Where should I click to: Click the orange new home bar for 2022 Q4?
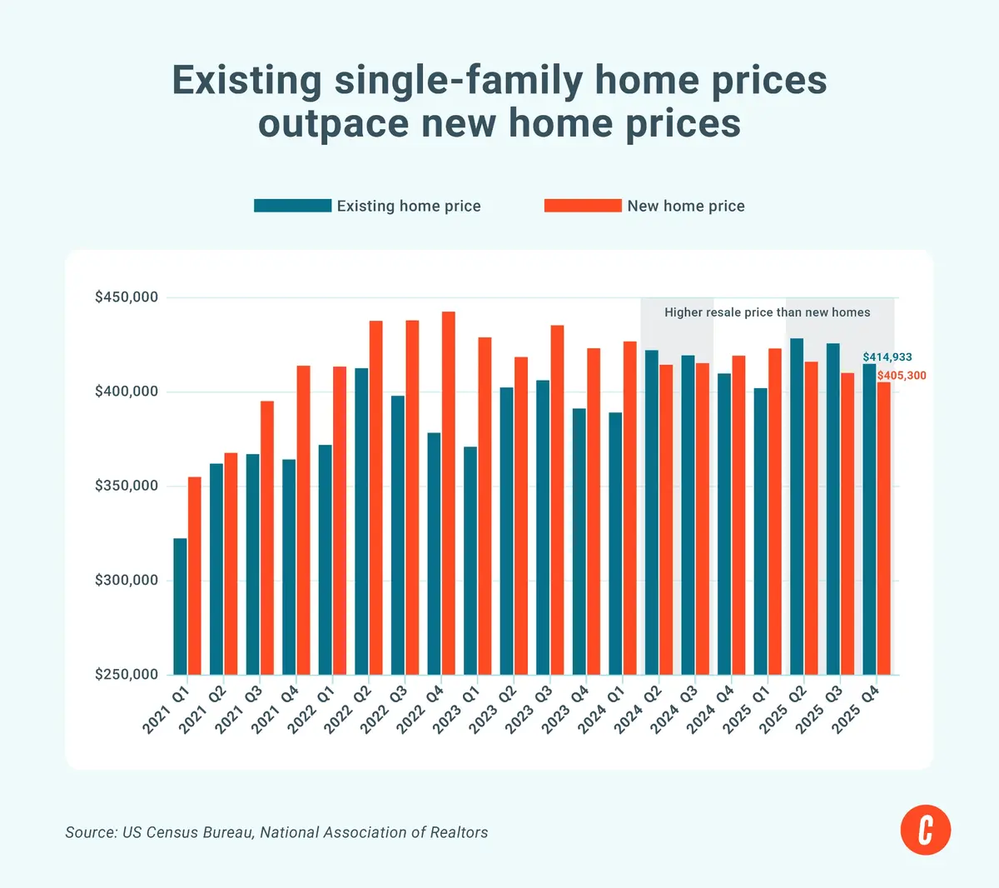[x=448, y=493]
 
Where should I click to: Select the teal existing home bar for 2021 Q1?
[x=180, y=606]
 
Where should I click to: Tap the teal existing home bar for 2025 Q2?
[x=797, y=506]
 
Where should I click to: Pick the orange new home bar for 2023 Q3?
[x=557, y=500]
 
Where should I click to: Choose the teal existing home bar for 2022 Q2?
[x=361, y=521]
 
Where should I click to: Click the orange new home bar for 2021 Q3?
[x=266, y=538]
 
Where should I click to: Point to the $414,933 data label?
[x=887, y=357]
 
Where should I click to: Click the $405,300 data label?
[x=902, y=376]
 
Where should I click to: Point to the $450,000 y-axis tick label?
[x=127, y=297]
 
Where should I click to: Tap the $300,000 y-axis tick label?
[x=127, y=580]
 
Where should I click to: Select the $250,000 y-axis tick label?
[x=127, y=675]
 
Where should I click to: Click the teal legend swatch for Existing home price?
[x=292, y=206]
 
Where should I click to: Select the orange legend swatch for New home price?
[x=583, y=206]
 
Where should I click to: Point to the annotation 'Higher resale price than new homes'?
[x=768, y=312]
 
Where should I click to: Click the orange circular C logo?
[x=926, y=830]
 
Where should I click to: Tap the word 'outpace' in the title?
[x=334, y=124]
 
